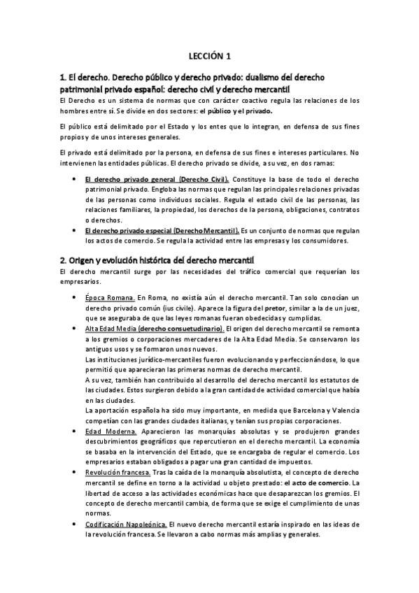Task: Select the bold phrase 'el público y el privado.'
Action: (236, 110)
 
